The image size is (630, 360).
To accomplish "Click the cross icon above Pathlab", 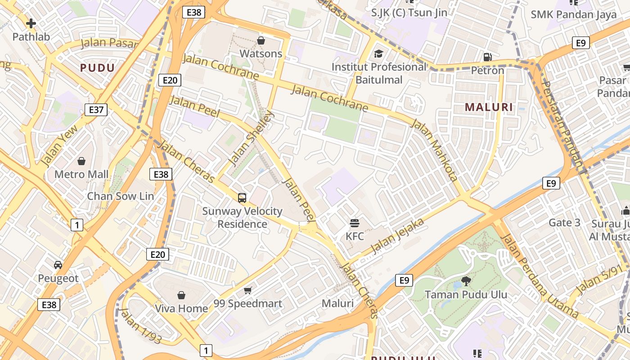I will tap(31, 23).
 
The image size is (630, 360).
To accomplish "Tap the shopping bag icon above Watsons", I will tap(261, 41).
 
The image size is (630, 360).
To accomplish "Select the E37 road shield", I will tap(96, 109).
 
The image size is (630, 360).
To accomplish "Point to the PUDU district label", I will tap(97, 68).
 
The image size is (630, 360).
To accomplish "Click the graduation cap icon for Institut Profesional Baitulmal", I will tap(378, 54).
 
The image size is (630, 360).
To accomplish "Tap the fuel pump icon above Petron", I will tap(487, 57).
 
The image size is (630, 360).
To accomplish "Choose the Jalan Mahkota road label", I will tap(435, 150).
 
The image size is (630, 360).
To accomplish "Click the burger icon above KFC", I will tap(355, 223).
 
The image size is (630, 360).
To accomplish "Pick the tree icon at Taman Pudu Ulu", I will tap(466, 281).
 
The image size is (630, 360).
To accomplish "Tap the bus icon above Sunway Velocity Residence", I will tap(242, 198).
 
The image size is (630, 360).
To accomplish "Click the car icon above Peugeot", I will tap(58, 265).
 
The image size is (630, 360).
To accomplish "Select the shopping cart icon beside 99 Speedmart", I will tap(247, 290).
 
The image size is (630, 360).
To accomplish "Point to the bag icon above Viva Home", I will tap(181, 295).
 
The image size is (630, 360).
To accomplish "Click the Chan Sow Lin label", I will tap(120, 196).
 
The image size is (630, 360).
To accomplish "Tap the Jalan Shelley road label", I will tap(251, 139).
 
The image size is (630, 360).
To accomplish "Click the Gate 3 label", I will tap(564, 222).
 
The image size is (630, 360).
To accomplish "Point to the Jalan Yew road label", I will tap(59, 145).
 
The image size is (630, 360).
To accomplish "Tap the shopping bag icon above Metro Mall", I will tap(81, 161).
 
